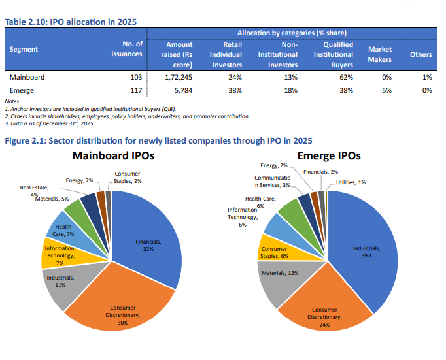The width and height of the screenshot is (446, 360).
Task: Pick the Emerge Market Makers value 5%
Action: point(386,90)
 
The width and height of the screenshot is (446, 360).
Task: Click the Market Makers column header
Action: point(380,54)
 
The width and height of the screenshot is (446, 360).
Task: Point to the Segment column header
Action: point(24,49)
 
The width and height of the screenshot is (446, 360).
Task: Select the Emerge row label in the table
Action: point(22,90)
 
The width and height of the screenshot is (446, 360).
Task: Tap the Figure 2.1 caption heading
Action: point(158,140)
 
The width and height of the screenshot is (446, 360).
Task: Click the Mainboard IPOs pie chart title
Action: point(114,157)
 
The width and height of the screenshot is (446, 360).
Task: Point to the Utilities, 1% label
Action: point(351,182)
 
